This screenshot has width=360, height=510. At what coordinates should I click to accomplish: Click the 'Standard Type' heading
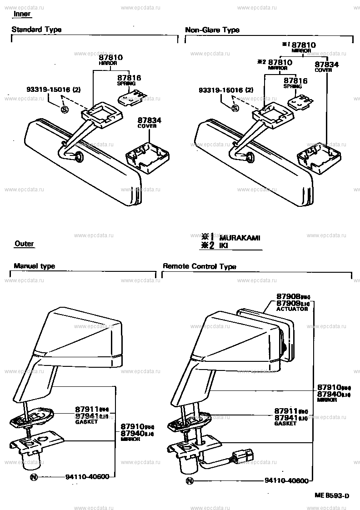36,30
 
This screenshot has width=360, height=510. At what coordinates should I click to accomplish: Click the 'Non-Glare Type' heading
212,30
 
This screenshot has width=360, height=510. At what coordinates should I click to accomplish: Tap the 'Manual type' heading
34,266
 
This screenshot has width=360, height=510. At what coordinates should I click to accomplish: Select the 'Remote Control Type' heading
199,266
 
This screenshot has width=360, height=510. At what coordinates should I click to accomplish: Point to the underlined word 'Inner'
22,14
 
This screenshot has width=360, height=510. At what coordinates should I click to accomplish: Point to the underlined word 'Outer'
24,244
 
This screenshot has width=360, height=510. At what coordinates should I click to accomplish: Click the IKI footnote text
224,246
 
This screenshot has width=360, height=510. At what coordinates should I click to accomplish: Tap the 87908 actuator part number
289,296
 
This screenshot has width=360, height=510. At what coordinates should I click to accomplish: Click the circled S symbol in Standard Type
64,109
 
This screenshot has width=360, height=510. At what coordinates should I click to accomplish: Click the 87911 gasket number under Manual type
85,409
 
